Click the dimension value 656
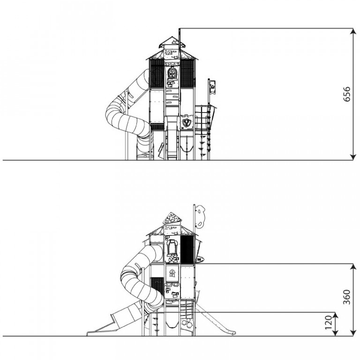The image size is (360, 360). coord(346,94)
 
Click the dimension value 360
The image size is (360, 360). coord(346,297)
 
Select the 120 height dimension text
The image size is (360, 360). coord(329,322)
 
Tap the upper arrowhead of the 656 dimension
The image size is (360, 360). coord(353,32)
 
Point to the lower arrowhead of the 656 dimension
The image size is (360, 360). coord(353,156)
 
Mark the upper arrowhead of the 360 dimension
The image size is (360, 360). coord(353,268)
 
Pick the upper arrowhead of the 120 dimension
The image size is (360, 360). coord(336,316)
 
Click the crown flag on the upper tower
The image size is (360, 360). coord(212,88)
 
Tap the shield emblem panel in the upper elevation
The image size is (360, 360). coord(186,122)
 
